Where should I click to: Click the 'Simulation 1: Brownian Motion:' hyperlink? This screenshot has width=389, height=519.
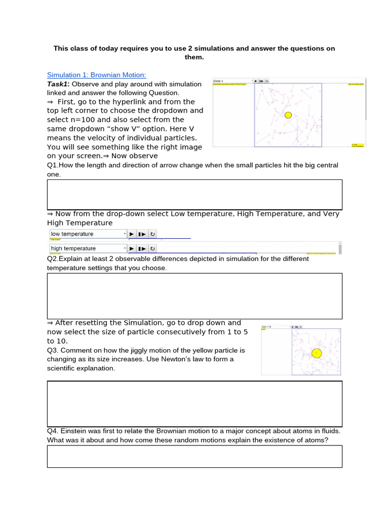coord(96,75)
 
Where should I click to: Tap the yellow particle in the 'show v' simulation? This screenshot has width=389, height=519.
coord(288,115)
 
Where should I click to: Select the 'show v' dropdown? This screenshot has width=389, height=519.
coord(232,81)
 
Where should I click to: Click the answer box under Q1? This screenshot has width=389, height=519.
coord(194,194)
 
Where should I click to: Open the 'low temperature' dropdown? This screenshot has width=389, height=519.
coord(88,234)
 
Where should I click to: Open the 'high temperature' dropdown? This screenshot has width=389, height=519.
coord(88,248)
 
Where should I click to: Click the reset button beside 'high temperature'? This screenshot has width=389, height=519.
coord(152,248)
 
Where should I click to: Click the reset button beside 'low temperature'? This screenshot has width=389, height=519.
coord(152,234)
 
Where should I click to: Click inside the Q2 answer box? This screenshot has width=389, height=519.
coord(194,296)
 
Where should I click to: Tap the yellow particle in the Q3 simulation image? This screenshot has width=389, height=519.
coord(317,353)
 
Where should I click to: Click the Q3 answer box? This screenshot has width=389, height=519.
coord(194,404)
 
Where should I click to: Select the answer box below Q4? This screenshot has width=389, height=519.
coord(194,456)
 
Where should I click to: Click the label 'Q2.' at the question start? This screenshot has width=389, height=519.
coord(53,258)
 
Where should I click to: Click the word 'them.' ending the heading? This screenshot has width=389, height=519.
coord(194,57)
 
